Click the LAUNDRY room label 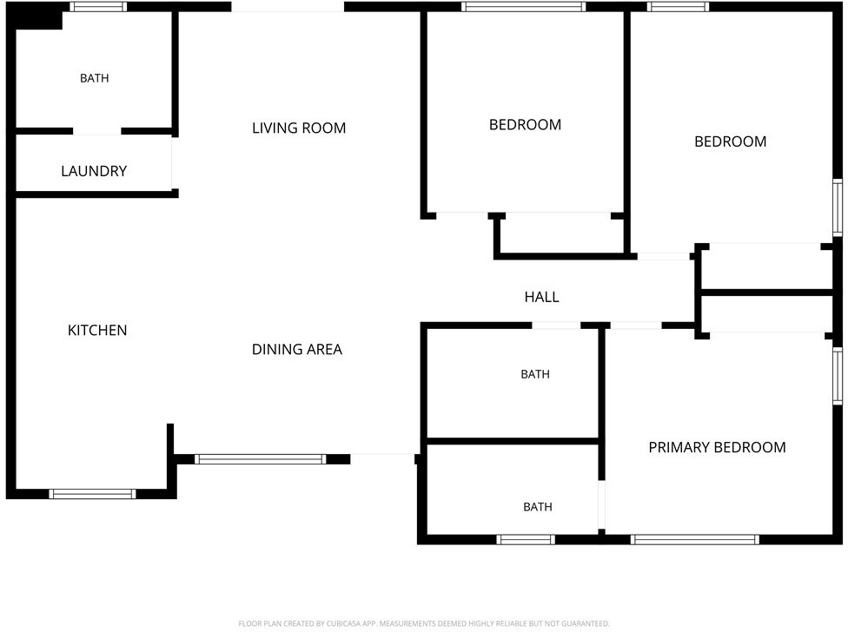(94, 171)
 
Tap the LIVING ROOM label (299, 128)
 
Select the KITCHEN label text (97, 330)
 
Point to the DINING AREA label (297, 350)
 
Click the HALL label (541, 297)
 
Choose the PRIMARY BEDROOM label (717, 447)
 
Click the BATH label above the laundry (94, 78)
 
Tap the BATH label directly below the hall (535, 374)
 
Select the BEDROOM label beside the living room (525, 125)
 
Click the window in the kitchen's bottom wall (92, 494)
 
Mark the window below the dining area (260, 459)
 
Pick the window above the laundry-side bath (98, 6)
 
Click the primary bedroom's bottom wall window (694, 539)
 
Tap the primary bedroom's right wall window (838, 375)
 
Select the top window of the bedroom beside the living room (523, 6)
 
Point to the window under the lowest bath (526, 539)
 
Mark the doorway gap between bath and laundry (96, 131)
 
